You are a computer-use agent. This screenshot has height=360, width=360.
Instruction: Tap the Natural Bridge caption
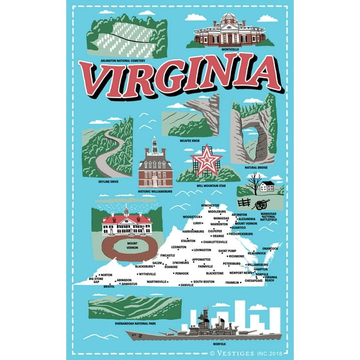click(256, 167)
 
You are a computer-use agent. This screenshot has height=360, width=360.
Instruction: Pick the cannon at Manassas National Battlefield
click(264, 203)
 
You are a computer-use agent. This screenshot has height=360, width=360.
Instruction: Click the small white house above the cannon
click(267, 186)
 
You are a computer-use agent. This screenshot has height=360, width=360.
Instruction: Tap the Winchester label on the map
click(210, 205)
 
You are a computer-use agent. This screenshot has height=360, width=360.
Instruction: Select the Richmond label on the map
click(236, 256)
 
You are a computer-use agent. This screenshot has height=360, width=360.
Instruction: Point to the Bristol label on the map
click(109, 286)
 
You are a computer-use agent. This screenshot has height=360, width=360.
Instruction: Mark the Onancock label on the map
click(270, 248)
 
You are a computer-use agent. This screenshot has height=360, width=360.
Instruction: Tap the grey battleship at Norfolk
click(187, 333)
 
